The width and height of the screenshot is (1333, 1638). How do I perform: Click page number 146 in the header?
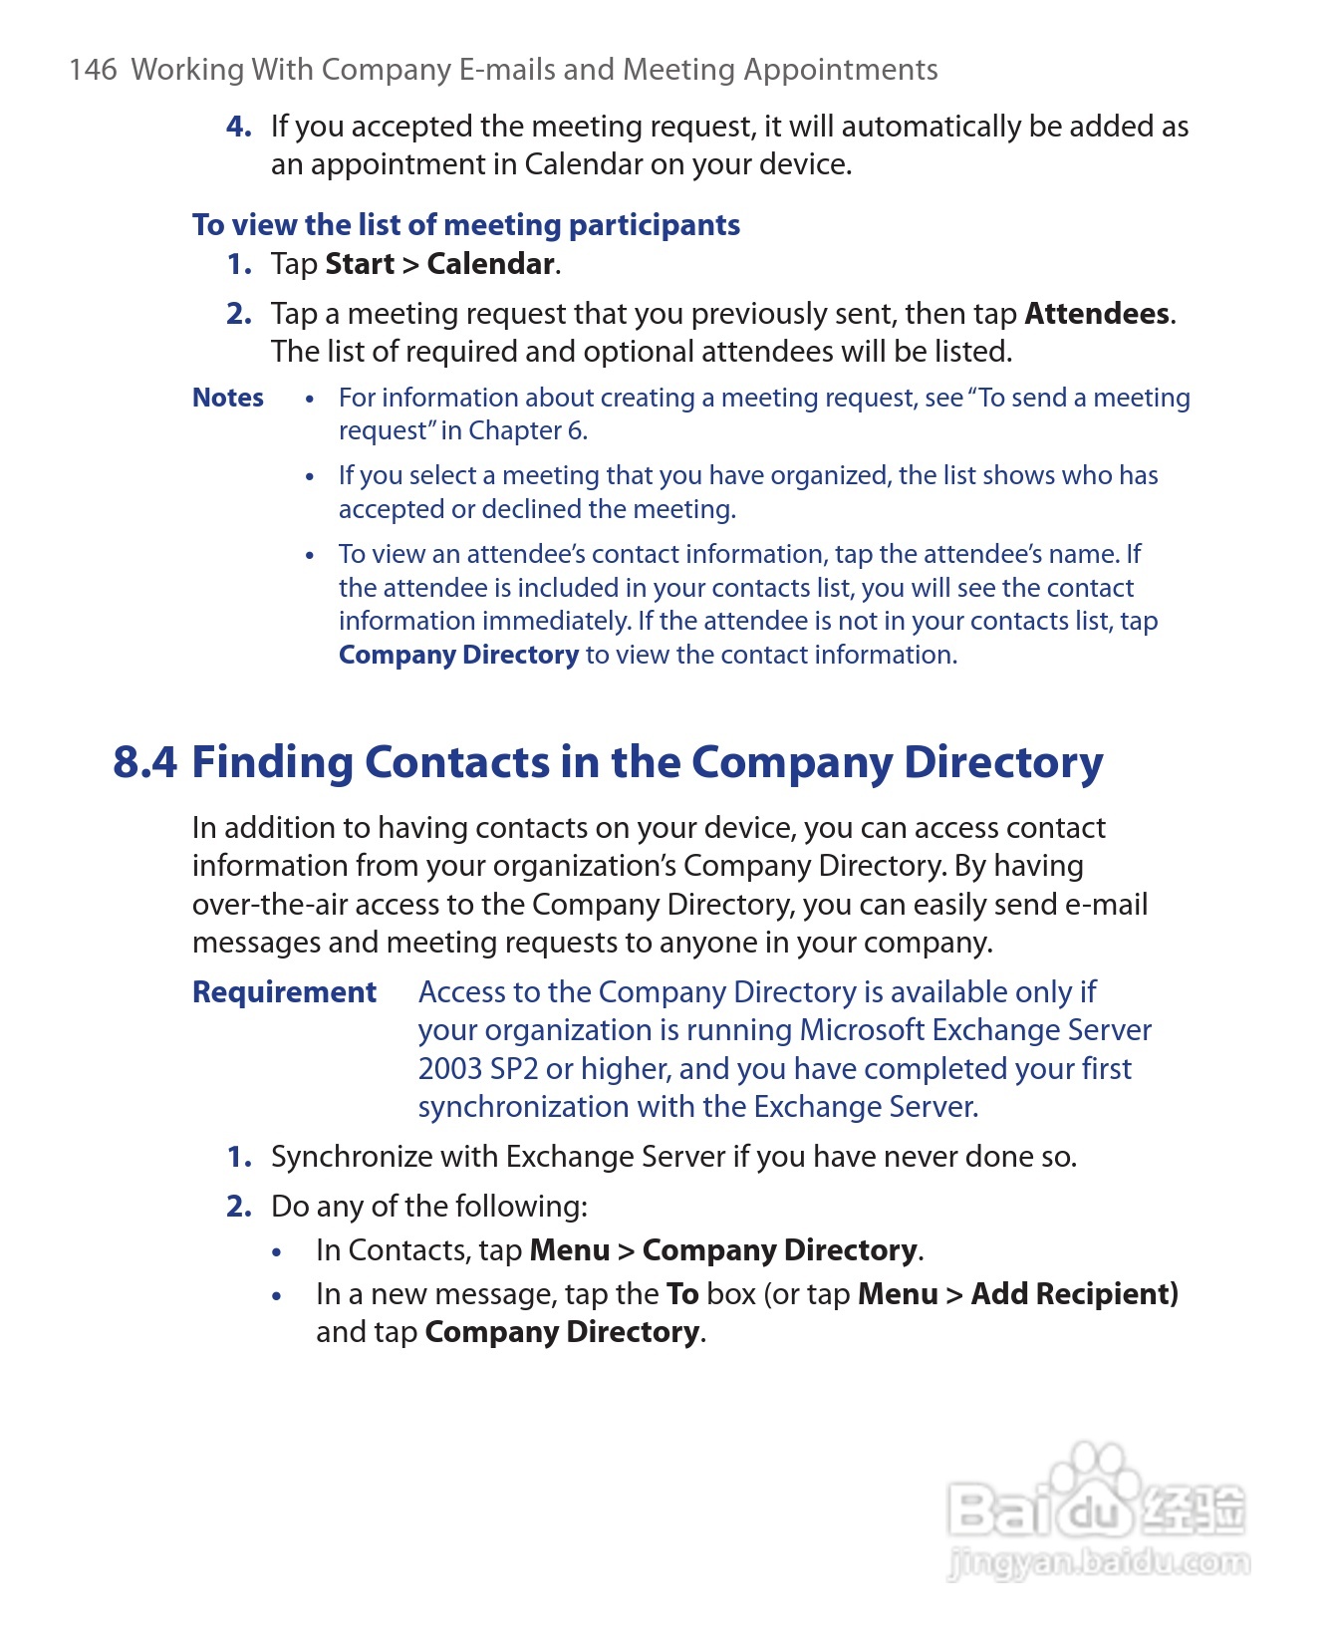pyautogui.click(x=93, y=70)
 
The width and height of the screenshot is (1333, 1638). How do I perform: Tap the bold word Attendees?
pyautogui.click(x=1096, y=314)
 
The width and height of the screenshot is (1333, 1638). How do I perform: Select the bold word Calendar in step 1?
pyautogui.click(x=490, y=264)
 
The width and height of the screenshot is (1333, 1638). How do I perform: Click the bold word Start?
pyautogui.click(x=360, y=264)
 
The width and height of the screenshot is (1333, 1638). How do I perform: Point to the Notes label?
pyautogui.click(x=227, y=398)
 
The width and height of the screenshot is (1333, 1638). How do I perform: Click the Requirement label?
pyautogui.click(x=284, y=992)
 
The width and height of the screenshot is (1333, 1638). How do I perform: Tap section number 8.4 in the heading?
pyautogui.click(x=144, y=762)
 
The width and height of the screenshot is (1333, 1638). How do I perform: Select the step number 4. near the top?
pyautogui.click(x=238, y=127)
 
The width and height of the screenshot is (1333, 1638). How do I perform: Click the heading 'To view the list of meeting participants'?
pyautogui.click(x=465, y=225)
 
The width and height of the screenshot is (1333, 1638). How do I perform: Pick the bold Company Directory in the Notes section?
pyautogui.click(x=458, y=655)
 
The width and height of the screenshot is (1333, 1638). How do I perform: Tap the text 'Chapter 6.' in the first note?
pyautogui.click(x=528, y=430)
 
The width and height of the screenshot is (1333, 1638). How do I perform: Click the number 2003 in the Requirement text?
pyautogui.click(x=450, y=1069)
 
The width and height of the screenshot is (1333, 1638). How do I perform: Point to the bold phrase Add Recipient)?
pyautogui.click(x=1074, y=1294)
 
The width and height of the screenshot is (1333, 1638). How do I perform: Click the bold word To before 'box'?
pyautogui.click(x=682, y=1294)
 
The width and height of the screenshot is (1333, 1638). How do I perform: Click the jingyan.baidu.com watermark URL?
pyautogui.click(x=1098, y=1561)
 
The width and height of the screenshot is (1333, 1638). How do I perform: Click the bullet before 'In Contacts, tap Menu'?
pyautogui.click(x=277, y=1252)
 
